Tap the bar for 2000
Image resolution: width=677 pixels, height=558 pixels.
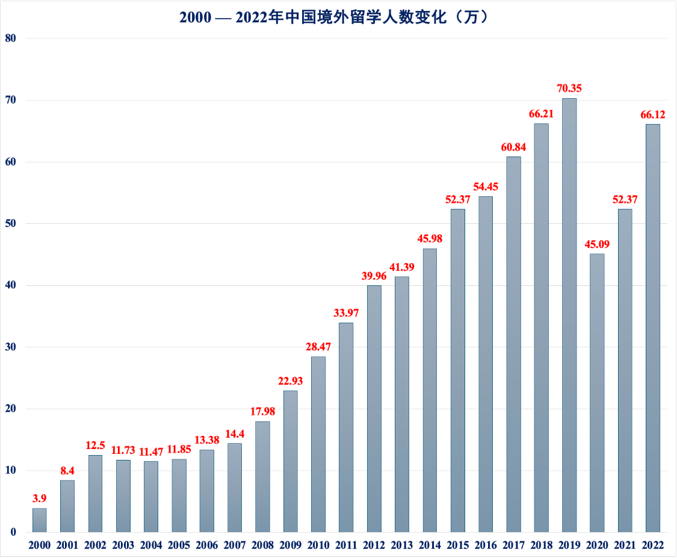[39, 520]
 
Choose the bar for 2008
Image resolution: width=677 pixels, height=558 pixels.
[262, 476]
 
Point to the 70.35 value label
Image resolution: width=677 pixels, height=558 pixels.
[569, 88]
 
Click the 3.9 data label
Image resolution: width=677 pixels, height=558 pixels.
[39, 498]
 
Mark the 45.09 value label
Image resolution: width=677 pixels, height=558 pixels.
[596, 244]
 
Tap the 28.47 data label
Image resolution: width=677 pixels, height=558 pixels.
[318, 347]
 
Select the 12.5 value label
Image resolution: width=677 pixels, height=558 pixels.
[95, 446]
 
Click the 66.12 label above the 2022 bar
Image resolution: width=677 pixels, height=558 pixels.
[653, 114]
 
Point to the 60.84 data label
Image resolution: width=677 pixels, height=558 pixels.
[513, 147]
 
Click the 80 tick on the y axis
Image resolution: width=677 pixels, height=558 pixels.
[11, 39]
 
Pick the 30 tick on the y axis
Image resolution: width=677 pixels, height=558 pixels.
[11, 347]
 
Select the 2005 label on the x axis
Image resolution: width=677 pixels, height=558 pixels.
[179, 545]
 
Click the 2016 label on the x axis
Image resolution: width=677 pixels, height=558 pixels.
[485, 545]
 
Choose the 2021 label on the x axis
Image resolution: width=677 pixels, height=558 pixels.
[625, 545]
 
